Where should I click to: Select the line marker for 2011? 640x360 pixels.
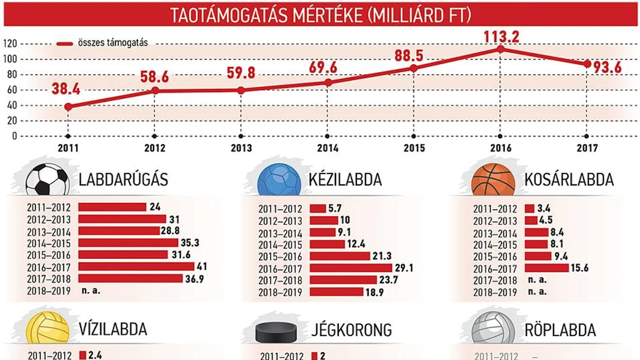click(68, 107)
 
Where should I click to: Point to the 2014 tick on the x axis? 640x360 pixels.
click(327, 148)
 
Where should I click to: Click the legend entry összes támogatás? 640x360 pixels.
click(113, 43)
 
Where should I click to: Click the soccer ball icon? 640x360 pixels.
click(47, 180)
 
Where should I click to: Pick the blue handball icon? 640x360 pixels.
click(279, 180)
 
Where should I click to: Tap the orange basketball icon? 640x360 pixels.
click(493, 180)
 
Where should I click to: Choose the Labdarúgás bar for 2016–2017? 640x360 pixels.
click(136, 266)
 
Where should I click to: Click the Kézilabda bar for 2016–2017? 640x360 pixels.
click(351, 268)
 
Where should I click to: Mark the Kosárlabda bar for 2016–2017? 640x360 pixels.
click(546, 268)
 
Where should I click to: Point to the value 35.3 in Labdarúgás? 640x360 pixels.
click(190, 243)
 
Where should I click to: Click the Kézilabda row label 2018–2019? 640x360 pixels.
click(280, 293)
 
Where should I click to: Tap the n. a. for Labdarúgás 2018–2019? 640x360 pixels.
click(90, 291)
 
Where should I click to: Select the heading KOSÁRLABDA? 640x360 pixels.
click(569, 180)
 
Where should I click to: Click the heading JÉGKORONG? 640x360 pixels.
click(351, 330)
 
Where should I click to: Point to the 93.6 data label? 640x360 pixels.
click(607, 67)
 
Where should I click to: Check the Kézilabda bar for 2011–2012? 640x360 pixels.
click(317, 208)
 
